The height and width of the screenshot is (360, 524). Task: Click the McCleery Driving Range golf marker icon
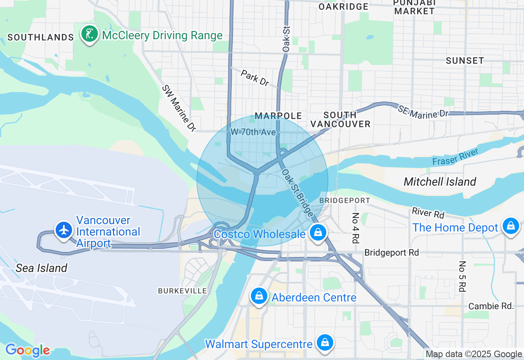(89, 34)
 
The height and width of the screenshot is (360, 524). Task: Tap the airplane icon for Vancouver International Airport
(64, 230)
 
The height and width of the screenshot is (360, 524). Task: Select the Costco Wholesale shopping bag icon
(318, 233)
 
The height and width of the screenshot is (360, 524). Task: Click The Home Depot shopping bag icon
(511, 226)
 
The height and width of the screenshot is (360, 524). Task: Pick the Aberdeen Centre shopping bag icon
(259, 296)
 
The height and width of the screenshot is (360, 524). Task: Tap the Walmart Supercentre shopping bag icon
(325, 342)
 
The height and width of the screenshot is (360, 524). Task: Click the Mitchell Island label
(440, 182)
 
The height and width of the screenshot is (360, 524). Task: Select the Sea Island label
(41, 268)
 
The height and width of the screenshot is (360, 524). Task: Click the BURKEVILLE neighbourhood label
(183, 290)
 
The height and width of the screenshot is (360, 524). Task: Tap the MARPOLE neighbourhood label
(278, 116)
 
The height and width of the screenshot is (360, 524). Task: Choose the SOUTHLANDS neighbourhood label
(41, 37)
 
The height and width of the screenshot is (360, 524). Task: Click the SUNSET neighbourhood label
(465, 61)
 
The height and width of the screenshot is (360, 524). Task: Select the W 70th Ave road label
(253, 132)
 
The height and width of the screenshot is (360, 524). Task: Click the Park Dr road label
(255, 78)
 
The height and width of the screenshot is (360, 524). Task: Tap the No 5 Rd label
(462, 277)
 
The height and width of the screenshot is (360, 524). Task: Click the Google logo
(27, 351)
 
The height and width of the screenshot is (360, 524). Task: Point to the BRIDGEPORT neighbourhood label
(345, 200)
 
